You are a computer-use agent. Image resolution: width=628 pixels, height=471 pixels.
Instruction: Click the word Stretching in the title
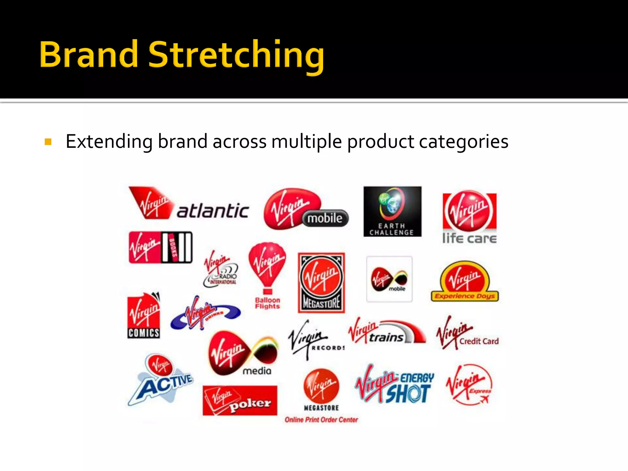coord(236,55)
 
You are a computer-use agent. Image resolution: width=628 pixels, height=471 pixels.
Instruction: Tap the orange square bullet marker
coord(48,142)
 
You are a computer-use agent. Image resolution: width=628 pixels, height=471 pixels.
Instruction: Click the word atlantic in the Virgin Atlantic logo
coord(213,211)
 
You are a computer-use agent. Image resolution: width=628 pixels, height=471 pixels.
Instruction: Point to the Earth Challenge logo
coord(392,211)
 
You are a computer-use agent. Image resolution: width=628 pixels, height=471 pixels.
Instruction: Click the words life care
coord(469,238)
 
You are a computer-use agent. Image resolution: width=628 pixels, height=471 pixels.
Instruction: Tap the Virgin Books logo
coord(160,247)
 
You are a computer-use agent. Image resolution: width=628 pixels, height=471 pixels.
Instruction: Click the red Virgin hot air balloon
coord(267,264)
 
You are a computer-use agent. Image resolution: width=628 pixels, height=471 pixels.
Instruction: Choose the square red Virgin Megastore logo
coord(321,282)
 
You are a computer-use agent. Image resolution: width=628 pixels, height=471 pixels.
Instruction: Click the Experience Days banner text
coord(465,296)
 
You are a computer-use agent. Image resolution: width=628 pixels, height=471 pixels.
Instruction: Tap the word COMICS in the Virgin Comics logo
coord(144,333)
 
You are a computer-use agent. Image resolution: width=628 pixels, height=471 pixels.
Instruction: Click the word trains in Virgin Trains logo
coord(386,338)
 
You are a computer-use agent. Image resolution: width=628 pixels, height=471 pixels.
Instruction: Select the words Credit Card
coord(479,341)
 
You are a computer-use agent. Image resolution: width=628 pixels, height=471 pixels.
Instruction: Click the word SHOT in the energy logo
coord(408,394)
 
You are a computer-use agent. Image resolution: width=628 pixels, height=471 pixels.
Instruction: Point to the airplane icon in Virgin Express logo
coord(484,399)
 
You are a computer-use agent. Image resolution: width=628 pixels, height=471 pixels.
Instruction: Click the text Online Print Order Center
coord(321,420)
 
